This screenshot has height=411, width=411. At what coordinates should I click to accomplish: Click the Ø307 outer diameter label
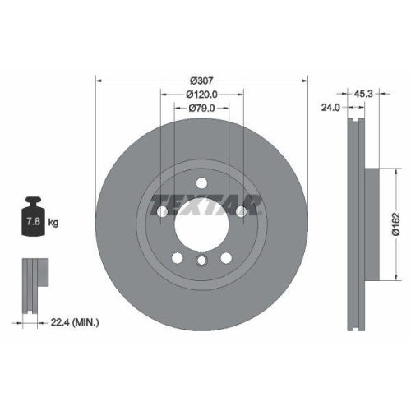coord(201,81)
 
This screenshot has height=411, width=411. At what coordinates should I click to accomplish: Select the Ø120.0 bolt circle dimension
coord(201,95)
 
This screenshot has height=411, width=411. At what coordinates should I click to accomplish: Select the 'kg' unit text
coord(53,223)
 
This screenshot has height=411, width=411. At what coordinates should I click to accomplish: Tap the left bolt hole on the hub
coord(162,213)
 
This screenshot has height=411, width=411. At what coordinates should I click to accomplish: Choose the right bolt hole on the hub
coord(241,213)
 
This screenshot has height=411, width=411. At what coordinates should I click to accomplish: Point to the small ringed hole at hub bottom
coord(201,261)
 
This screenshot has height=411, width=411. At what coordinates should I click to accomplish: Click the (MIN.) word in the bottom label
coord(85,323)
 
